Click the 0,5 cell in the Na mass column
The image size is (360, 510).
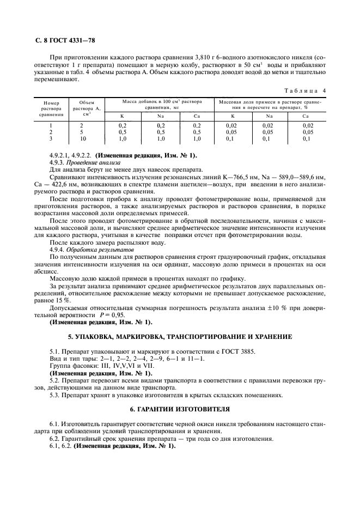[x=161, y=132]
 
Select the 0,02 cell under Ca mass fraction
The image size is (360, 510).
[x=308, y=125]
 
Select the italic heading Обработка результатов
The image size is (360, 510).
[x=96, y=248]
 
